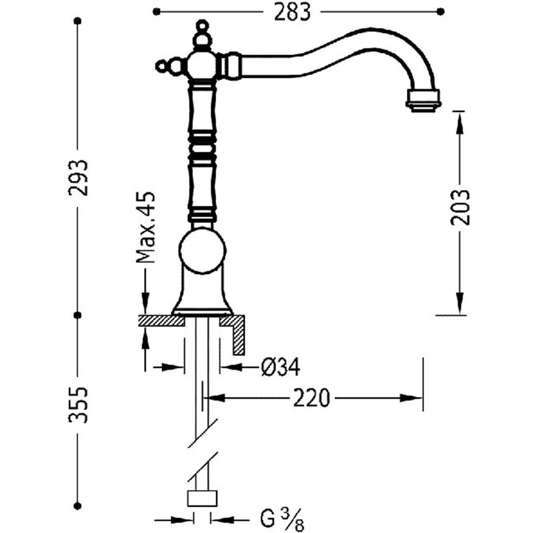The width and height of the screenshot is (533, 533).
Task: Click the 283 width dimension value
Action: point(292,12)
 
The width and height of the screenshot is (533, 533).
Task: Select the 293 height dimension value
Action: point(79,178)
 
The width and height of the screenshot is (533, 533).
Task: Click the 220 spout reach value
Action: point(312,398)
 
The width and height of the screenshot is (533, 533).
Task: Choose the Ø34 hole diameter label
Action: point(280,367)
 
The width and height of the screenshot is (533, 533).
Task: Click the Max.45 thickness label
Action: point(146,227)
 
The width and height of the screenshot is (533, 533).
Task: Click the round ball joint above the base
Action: point(203,251)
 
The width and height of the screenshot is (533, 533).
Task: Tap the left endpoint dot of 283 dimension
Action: point(156,12)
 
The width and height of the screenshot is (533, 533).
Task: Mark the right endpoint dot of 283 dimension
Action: point(441,12)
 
